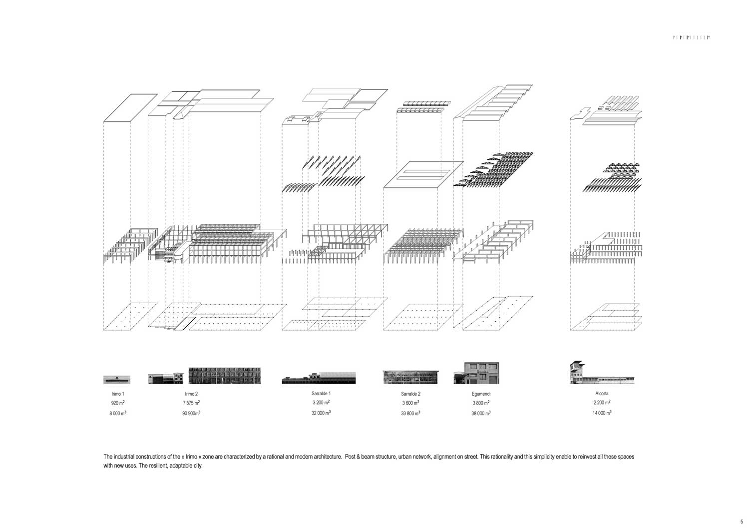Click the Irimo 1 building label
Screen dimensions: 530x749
coord(117,394)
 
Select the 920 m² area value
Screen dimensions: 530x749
coord(117,403)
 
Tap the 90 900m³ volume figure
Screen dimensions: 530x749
coord(191,414)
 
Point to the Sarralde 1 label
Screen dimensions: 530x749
coord(321,394)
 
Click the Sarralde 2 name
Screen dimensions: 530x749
coord(410,394)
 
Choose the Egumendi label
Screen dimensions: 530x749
coord(481,394)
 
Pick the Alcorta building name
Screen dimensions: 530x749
coord(602,394)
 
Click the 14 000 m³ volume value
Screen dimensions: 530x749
coord(602,413)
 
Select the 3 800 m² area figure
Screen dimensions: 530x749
coord(481,403)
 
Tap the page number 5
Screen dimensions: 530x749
coord(742,522)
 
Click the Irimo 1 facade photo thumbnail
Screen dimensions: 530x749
coord(117,380)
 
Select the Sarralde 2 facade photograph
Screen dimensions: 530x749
coord(410,377)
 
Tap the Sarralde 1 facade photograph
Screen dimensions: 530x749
coord(319,378)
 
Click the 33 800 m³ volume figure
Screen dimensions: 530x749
coord(410,413)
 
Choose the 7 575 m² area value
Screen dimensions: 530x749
coord(191,403)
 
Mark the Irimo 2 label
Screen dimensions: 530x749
coord(191,394)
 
